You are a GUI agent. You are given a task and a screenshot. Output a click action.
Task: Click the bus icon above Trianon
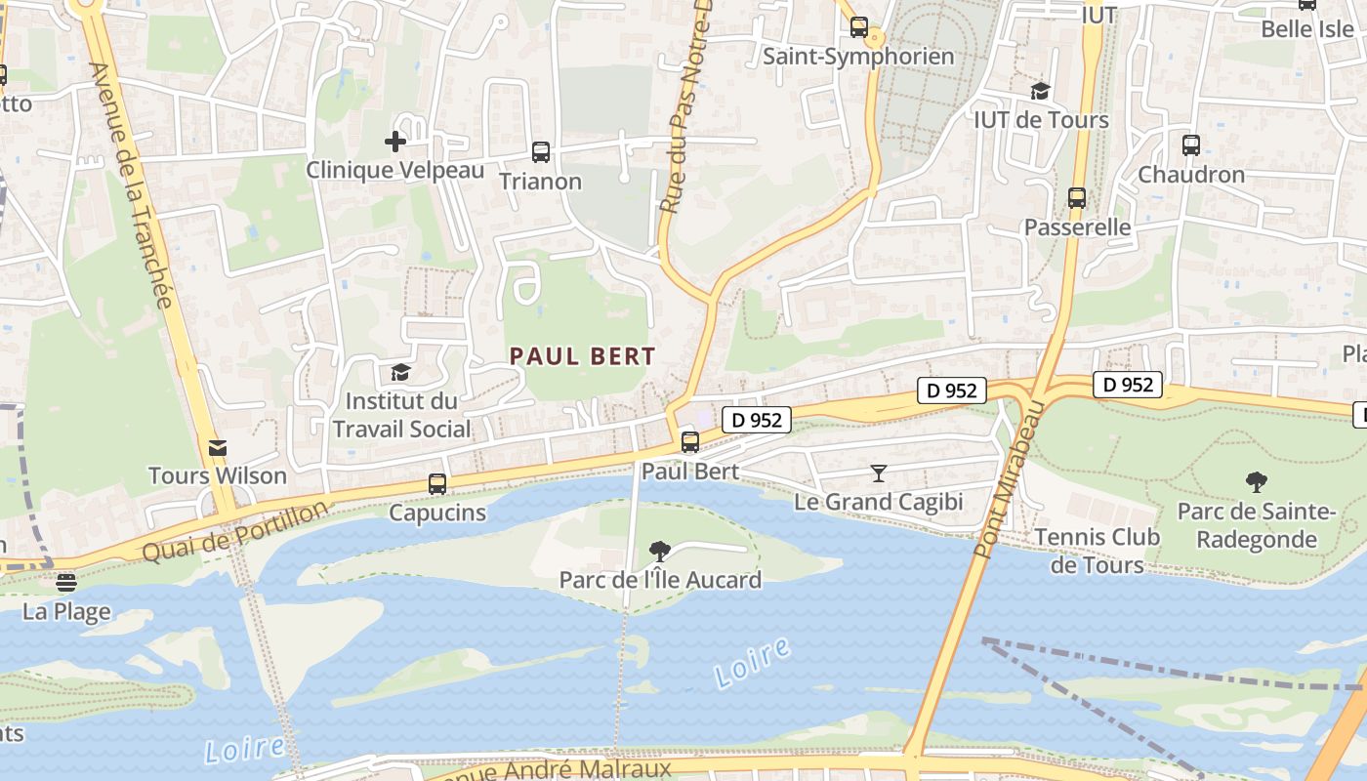[541, 152]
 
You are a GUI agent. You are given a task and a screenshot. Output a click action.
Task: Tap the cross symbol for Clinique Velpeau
[395, 143]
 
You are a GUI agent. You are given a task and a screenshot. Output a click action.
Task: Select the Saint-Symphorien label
[858, 57]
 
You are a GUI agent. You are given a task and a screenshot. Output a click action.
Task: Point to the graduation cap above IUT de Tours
[1040, 91]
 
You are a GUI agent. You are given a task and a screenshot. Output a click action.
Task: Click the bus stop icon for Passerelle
[1077, 198]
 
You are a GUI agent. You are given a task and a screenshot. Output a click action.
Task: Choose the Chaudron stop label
[1191, 175]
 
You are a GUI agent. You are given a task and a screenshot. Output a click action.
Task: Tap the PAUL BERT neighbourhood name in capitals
[582, 356]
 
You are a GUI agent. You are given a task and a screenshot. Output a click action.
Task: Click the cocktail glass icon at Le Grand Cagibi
[879, 473]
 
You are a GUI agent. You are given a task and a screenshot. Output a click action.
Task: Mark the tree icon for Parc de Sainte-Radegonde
[1256, 481]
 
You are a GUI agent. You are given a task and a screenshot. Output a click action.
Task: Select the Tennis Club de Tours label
[1098, 551]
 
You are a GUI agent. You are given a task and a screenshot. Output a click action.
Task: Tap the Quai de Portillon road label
[236, 532]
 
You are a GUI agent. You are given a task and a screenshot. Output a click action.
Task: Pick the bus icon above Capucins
[437, 483]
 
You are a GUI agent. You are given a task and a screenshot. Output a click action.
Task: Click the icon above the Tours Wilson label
[218, 448]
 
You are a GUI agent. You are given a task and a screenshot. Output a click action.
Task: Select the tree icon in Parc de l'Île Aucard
[660, 552]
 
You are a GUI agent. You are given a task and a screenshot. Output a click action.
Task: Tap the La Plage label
[66, 613]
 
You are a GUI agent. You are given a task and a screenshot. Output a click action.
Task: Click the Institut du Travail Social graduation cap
[400, 372]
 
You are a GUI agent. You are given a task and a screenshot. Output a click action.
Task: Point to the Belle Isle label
[1307, 28]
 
